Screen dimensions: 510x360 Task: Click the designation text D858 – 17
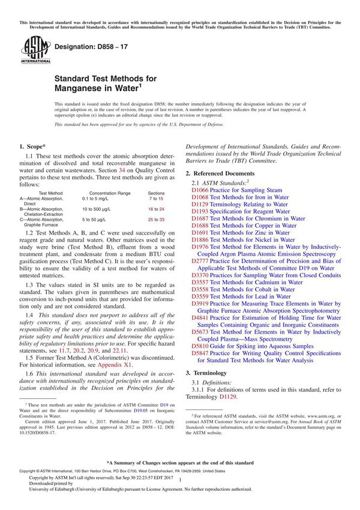tap(88, 46)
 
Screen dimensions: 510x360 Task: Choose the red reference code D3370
tap(200, 275)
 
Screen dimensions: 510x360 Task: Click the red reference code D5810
tap(200, 346)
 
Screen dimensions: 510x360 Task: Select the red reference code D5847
tap(200, 353)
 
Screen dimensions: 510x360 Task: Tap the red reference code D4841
tap(200, 318)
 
